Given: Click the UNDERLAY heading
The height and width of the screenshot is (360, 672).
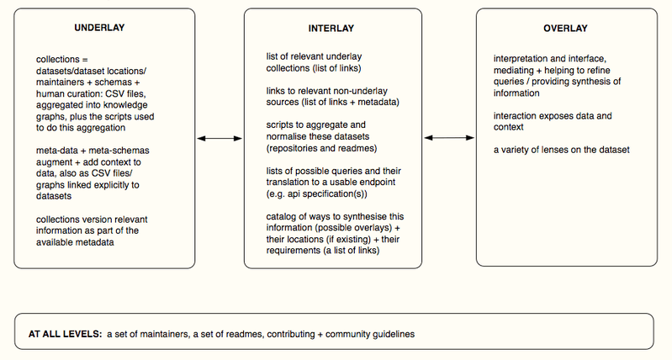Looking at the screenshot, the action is pos(99,28).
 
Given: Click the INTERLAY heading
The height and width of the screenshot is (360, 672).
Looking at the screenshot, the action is pos(331,29).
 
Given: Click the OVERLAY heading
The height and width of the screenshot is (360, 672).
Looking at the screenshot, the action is pos(565,29).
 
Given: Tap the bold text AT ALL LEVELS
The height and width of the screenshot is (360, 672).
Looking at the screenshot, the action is pos(65,334).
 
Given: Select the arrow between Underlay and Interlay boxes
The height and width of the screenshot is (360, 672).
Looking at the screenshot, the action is pos(220,139).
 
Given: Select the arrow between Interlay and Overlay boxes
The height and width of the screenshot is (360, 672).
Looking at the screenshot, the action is pos(449,138).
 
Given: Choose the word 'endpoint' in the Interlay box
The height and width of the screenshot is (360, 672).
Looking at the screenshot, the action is pos(377,183).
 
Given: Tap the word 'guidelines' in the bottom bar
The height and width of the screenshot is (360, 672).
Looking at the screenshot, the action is pos(394,334).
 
